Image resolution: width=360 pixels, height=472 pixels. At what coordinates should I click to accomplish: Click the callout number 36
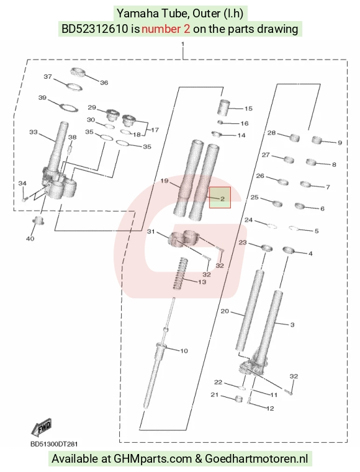point(104,82)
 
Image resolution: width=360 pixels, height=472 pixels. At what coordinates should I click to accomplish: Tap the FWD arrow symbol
point(42,427)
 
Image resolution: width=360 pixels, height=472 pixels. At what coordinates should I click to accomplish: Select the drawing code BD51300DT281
point(54,444)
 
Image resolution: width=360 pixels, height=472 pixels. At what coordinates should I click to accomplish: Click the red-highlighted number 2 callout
point(222,198)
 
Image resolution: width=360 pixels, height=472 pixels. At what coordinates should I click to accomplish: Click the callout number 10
point(184,350)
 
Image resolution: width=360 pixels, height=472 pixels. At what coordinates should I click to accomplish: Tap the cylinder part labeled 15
point(225,107)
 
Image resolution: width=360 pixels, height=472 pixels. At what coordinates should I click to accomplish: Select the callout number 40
point(30,239)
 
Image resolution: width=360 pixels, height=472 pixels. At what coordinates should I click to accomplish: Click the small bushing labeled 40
point(38,220)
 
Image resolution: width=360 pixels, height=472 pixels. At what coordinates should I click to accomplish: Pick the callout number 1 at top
point(182,44)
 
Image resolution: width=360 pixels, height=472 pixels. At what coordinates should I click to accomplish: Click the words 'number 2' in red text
point(166,29)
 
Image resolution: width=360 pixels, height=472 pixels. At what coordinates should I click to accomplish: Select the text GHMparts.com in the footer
point(153,459)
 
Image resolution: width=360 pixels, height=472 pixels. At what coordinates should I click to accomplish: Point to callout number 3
point(292,325)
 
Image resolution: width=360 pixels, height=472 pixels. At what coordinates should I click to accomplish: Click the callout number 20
point(225,311)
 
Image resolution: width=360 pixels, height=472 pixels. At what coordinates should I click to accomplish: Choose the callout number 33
point(34,132)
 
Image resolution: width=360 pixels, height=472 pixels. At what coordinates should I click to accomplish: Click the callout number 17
point(155,130)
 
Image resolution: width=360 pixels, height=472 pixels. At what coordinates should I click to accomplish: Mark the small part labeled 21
point(238,399)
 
